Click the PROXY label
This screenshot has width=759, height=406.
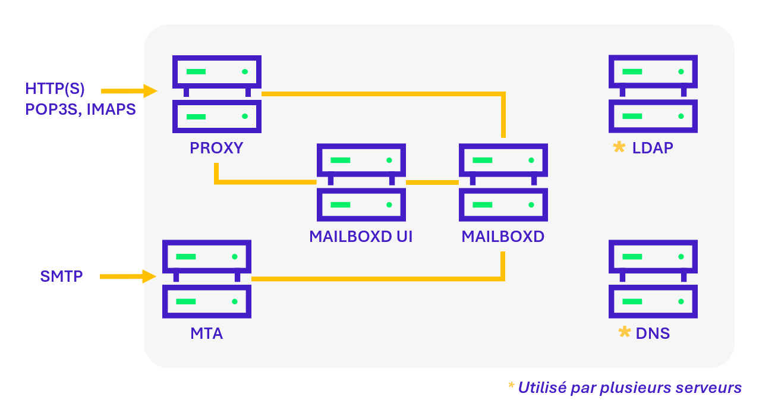point(216,148)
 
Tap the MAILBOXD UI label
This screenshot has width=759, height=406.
point(361,237)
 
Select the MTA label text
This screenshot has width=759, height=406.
point(207,333)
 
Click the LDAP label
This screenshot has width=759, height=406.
point(653,148)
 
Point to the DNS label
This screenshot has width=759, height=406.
point(653,333)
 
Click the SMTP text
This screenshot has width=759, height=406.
point(61,276)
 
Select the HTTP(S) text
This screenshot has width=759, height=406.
point(55,89)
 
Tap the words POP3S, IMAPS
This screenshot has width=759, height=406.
point(80,109)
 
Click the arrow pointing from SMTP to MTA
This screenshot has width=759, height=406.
point(127,276)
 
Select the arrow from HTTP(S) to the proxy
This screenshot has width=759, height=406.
point(128,91)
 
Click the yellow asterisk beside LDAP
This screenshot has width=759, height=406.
point(619,147)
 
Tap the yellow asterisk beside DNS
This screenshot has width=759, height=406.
point(624,332)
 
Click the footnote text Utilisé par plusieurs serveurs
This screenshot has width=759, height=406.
point(629,388)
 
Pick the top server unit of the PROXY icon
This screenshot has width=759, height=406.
point(216,72)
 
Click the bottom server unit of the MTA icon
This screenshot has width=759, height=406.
point(207,301)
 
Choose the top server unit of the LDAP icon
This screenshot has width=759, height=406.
point(653,72)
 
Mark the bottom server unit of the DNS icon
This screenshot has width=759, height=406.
point(653,301)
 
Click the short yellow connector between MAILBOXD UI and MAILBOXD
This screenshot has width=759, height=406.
point(432,182)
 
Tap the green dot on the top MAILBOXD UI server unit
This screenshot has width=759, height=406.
point(389,160)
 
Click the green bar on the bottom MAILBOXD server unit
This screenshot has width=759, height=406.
point(483,205)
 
